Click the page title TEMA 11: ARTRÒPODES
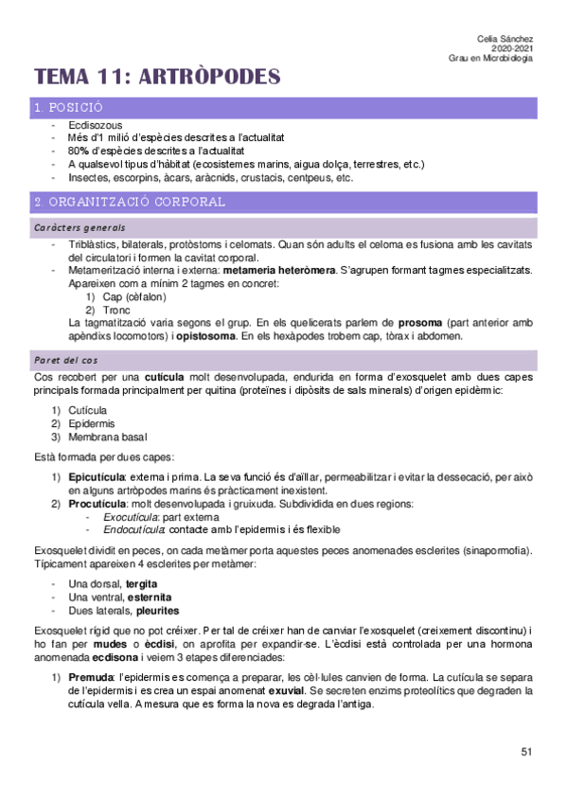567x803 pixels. (x=157, y=77)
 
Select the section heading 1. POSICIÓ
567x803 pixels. (x=67, y=109)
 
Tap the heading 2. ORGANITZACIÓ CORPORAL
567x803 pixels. (x=129, y=202)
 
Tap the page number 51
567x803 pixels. (x=526, y=752)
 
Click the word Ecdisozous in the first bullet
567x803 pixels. (x=95, y=125)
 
